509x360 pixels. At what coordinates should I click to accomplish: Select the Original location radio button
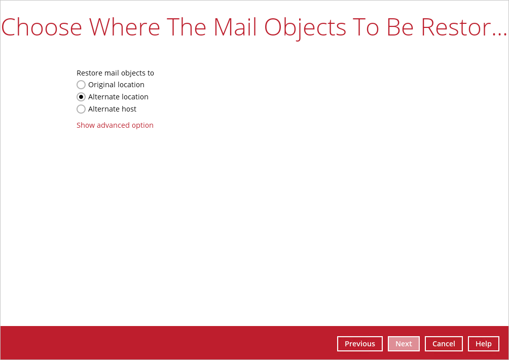tap(81, 85)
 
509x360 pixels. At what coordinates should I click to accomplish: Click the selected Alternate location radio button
tap(81, 97)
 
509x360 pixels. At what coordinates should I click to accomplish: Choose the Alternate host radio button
tap(81, 109)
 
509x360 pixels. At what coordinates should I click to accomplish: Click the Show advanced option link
tap(115, 125)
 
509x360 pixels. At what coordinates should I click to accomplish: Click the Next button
tap(404, 344)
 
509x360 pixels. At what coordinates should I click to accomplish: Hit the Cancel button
tap(444, 344)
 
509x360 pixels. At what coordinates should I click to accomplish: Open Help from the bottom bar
tap(483, 344)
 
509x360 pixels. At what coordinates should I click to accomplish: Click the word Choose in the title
tap(42, 27)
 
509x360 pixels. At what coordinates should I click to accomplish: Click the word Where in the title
tap(125, 27)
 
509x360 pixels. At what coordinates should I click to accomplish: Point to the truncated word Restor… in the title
tap(464, 27)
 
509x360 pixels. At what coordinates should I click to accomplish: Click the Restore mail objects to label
tap(115, 73)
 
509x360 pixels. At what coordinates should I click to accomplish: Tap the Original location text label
tap(116, 85)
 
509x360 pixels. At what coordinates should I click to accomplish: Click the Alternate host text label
tap(113, 109)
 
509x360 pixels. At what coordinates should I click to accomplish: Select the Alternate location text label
tap(118, 97)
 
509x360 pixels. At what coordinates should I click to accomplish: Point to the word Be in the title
tap(400, 27)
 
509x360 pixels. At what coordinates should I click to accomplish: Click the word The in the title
tap(187, 27)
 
